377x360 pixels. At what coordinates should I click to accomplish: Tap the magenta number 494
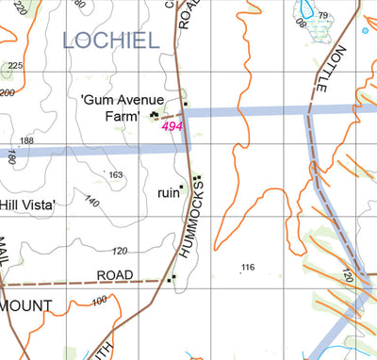point(172,126)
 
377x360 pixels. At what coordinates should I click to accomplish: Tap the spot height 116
point(248,268)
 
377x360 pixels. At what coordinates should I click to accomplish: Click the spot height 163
point(115,175)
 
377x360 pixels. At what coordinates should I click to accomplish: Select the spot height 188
point(26,140)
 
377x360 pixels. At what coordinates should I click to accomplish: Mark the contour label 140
point(90,202)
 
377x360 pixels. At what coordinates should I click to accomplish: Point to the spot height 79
point(323,16)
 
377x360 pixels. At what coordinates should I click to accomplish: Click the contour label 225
point(15,65)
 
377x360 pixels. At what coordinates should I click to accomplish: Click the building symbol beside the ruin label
point(181,187)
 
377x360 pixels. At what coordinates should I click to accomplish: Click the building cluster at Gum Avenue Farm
point(156,115)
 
